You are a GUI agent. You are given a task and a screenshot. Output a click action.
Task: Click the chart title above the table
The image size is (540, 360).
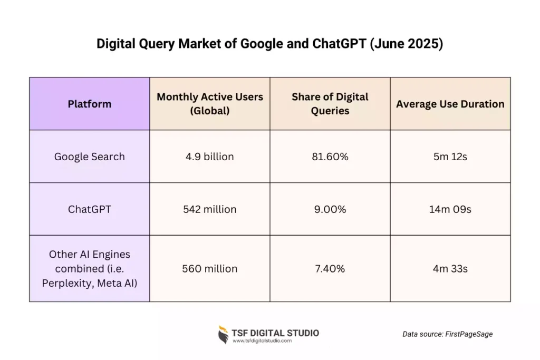tap(269, 44)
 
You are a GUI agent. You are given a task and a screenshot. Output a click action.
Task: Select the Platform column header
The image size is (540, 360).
tap(90, 104)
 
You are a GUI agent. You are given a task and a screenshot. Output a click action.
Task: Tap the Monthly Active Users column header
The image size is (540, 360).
tap(210, 104)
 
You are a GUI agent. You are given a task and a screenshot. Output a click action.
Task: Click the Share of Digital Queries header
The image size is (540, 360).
tap(330, 104)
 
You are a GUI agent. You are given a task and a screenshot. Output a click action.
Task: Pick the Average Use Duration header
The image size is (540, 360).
tap(450, 104)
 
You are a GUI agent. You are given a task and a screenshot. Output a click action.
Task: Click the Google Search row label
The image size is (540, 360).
tap(90, 157)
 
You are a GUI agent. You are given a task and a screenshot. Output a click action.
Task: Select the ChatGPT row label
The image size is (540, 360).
tap(90, 209)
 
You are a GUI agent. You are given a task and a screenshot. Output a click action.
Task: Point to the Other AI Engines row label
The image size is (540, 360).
tap(90, 268)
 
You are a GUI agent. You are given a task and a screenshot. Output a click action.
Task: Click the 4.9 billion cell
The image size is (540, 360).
tap(210, 157)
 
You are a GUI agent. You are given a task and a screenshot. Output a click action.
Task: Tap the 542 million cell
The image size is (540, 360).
tap(210, 209)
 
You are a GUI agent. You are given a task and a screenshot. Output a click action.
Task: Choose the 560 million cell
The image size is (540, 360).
tap(210, 269)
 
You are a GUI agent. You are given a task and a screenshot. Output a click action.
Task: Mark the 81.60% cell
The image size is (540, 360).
tap(330, 157)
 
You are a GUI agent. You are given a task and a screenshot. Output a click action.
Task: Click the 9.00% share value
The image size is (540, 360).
tap(330, 209)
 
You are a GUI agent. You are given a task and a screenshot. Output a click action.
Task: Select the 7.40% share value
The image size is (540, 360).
tap(330, 269)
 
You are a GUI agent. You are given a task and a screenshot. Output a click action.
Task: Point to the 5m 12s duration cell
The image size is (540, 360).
tap(450, 157)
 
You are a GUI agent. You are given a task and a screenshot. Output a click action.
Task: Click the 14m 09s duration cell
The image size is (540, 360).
tap(450, 209)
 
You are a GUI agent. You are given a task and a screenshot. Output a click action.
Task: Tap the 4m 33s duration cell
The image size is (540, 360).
tap(450, 269)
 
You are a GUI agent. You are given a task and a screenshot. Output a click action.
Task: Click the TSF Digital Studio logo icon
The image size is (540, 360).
tap(224, 335)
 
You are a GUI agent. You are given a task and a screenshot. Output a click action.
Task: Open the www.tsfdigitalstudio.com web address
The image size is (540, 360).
tap(262, 341)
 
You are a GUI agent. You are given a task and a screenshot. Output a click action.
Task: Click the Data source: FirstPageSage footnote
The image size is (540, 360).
tap(447, 334)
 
